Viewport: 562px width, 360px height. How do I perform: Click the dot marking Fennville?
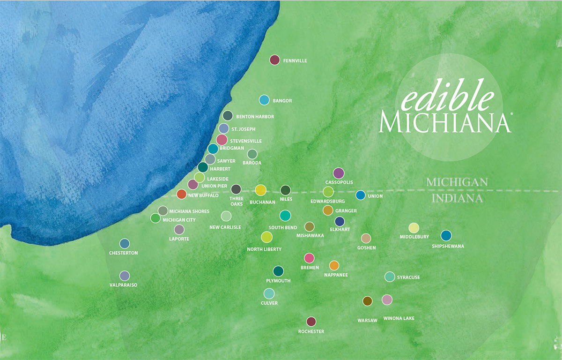pos(275,60)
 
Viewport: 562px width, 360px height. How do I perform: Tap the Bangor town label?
pos(282,101)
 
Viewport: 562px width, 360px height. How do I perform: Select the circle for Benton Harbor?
pos(228,115)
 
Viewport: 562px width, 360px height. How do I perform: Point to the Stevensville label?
pos(246,141)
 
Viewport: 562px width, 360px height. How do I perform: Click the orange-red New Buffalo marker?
pos(182,194)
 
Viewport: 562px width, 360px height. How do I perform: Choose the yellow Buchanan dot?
pos(260,190)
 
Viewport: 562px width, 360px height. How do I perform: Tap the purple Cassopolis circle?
pos(339,173)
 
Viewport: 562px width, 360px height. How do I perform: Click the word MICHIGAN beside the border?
pos(457,181)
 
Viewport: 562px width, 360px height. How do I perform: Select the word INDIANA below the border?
pos(457,198)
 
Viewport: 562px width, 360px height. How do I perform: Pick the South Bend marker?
pos(285,216)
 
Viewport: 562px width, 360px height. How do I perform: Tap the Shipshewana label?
pos(448,246)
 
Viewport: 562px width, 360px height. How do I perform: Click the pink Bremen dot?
pos(309,258)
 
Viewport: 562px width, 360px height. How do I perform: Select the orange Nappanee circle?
pos(334,266)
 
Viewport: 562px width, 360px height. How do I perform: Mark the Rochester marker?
pos(311,322)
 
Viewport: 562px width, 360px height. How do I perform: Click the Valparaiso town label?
pos(123,285)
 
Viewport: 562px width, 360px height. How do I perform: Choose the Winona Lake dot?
pos(387,300)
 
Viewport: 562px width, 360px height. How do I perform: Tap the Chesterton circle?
pos(125,243)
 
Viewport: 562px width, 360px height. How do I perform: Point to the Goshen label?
pos(366,247)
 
